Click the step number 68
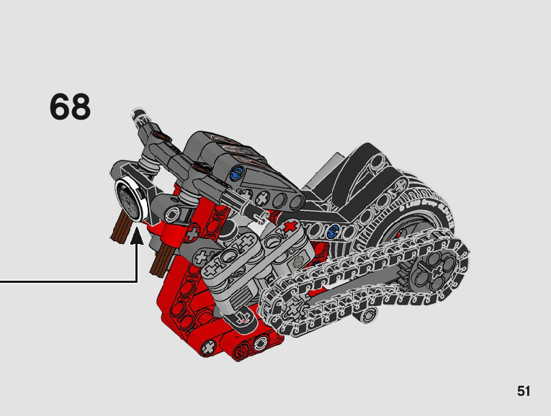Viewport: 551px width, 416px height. [x=71, y=107]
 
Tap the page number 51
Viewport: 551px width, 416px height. [x=523, y=391]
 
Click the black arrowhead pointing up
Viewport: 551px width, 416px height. [x=137, y=235]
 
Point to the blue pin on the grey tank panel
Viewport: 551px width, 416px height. [x=236, y=173]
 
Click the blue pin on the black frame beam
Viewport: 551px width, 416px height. [x=332, y=231]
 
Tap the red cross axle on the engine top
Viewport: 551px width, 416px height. [x=290, y=227]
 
